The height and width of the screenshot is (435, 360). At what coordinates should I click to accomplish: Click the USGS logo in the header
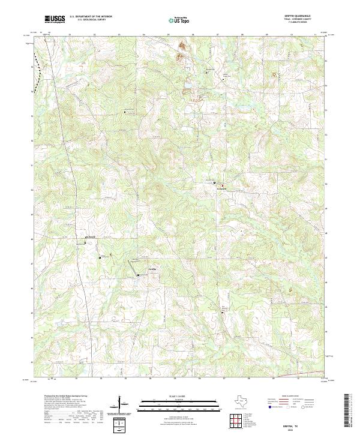point(55,19)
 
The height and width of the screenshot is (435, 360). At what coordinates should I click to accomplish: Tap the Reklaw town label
point(91,239)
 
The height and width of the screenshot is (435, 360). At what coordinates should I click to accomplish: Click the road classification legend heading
point(289,397)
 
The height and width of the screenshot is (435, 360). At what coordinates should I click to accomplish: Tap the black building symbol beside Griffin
point(139,275)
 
